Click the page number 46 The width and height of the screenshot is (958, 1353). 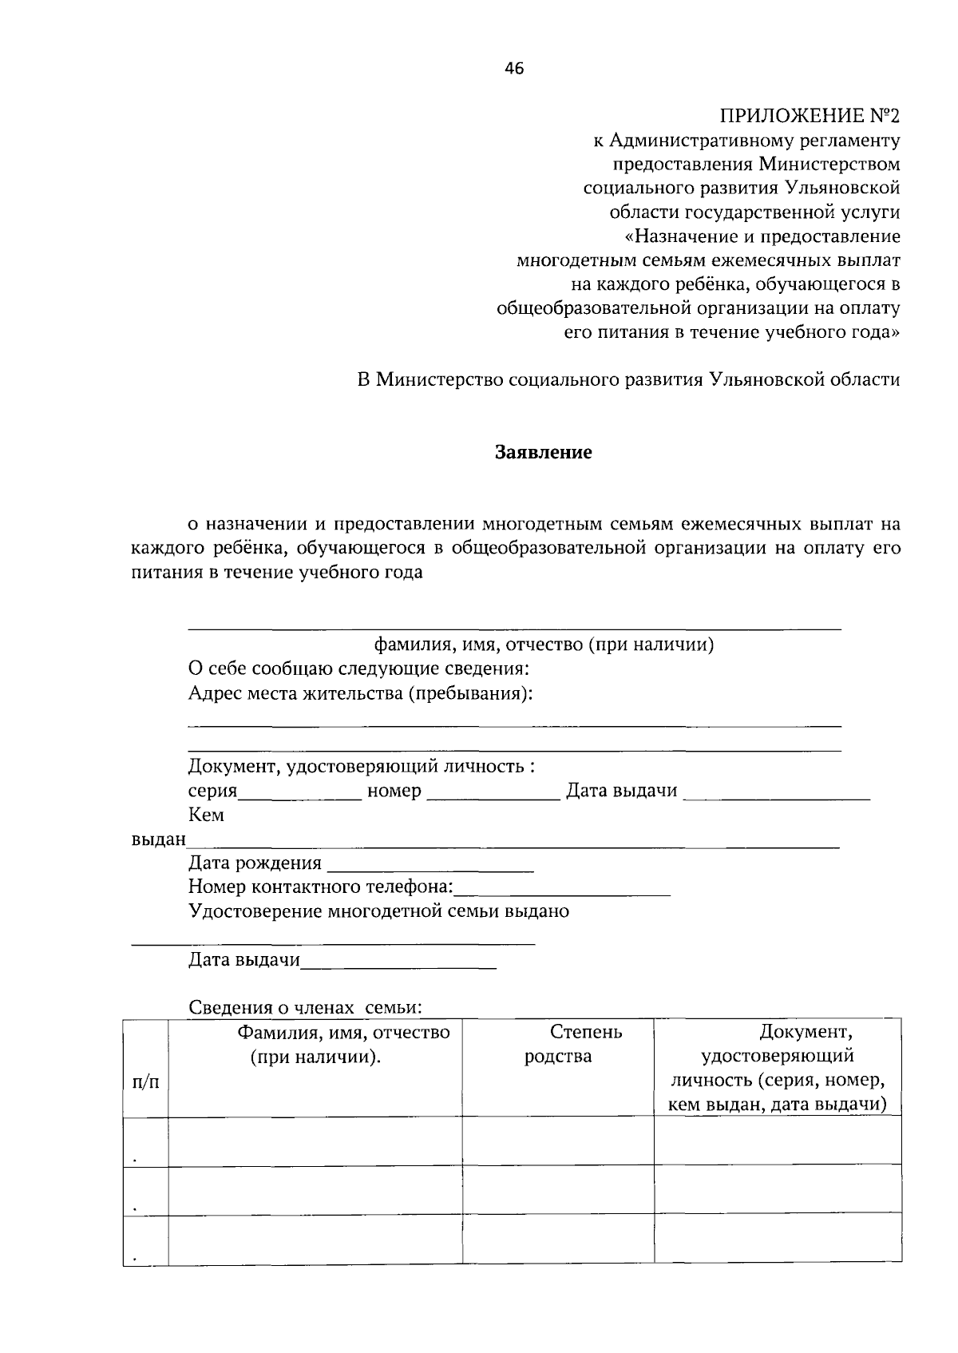pyautogui.click(x=514, y=69)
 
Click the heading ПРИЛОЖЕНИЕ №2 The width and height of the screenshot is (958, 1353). pyautogui.click(x=810, y=117)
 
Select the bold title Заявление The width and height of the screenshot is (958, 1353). pyautogui.click(x=544, y=453)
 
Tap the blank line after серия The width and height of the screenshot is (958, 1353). pyautogui.click(x=300, y=793)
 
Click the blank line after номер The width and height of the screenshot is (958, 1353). pyautogui.click(x=493, y=793)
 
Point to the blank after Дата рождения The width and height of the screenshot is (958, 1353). pyautogui.click(x=430, y=865)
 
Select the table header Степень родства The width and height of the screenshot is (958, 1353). pyautogui.click(x=558, y=1045)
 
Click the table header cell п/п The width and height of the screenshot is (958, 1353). pyautogui.click(x=145, y=1082)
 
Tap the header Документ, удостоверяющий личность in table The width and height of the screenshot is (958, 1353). pyautogui.click(x=778, y=1068)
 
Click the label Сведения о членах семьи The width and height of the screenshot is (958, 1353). pyautogui.click(x=305, y=1008)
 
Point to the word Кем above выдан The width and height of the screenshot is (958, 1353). pyautogui.click(x=206, y=815)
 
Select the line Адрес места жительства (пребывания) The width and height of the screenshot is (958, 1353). pyautogui.click(x=360, y=693)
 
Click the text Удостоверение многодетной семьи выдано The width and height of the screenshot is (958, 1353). pyautogui.click(x=378, y=911)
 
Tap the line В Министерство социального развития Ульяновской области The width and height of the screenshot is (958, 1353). pyautogui.click(x=628, y=380)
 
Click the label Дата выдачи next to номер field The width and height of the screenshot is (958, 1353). pyautogui.click(x=621, y=792)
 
